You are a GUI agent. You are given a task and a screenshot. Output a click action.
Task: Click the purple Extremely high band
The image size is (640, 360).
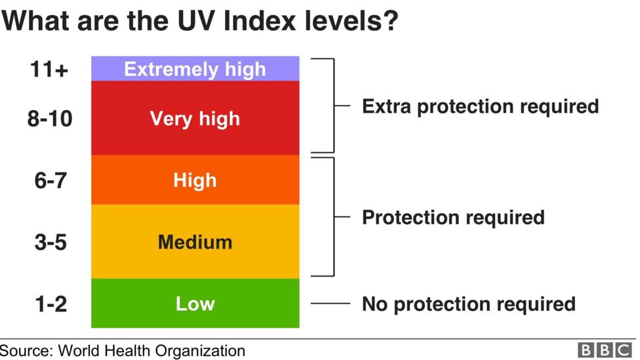[195, 69]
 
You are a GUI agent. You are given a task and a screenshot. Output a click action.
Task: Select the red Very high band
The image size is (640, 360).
[195, 118]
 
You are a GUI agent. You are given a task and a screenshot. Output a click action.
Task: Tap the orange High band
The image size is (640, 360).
[195, 180]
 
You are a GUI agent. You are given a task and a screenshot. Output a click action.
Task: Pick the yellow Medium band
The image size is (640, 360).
[195, 241]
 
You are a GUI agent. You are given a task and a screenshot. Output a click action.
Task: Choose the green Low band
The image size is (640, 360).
[195, 303]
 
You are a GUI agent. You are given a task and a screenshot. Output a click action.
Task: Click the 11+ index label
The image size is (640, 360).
[49, 70]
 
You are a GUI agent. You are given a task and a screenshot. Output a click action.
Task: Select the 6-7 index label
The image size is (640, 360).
[50, 180]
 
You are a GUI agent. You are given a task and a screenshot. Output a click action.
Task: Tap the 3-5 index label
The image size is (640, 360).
[50, 242]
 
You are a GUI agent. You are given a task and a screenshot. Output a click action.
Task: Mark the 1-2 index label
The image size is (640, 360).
[50, 304]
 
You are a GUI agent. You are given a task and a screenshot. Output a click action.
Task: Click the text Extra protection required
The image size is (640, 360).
[480, 106]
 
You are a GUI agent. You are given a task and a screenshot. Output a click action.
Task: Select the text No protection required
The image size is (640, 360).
[468, 304]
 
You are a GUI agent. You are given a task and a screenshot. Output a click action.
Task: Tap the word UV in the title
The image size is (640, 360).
[195, 20]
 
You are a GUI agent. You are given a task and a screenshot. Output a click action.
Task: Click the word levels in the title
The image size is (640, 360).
[351, 20]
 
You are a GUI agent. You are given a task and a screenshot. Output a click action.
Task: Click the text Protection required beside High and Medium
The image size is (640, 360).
[452, 217]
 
